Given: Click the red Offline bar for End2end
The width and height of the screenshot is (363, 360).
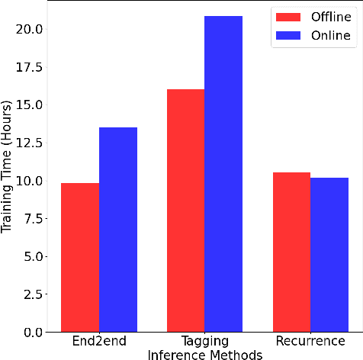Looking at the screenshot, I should point(80,258).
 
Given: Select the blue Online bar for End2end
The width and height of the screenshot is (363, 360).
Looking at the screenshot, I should point(118,230).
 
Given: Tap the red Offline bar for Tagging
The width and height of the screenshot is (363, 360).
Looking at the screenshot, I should point(185,211).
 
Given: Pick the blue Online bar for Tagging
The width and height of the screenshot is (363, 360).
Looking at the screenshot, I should point(223,174).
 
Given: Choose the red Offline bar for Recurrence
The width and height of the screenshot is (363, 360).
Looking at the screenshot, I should point(291,252).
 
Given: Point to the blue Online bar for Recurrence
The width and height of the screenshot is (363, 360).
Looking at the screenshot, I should point(329,255).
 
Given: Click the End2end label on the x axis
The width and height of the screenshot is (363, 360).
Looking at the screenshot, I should point(99,342).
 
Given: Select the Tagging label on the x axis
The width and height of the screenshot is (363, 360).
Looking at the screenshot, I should point(204,342).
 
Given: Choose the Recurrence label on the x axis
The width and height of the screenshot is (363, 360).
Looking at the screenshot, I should point(310,342).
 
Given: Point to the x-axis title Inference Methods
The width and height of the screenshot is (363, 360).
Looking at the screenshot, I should point(204,354).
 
